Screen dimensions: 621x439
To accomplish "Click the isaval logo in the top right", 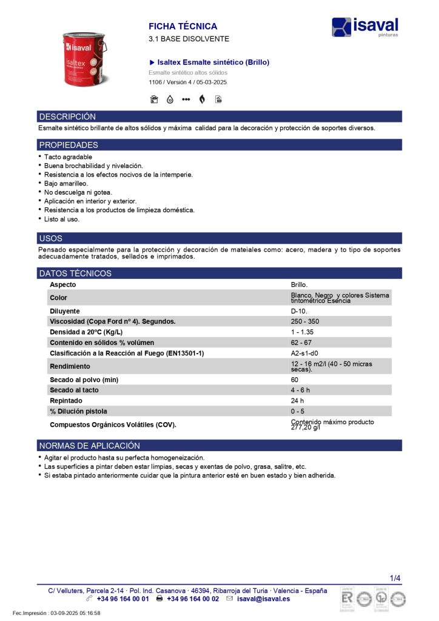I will click(365, 27).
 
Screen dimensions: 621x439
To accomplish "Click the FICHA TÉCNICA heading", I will click(183, 27).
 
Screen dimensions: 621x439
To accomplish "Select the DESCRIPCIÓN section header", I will click(67, 116).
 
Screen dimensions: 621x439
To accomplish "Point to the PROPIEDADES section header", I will click(69, 145).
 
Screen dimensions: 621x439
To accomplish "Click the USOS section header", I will click(51, 238).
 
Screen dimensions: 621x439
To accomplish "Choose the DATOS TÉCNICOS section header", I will click(75, 274).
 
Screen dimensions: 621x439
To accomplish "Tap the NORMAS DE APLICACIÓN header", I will click(89, 446).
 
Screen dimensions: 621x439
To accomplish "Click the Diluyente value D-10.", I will click(299, 311).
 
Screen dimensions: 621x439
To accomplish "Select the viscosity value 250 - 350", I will click(306, 321).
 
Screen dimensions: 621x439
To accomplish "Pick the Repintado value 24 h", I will click(297, 401).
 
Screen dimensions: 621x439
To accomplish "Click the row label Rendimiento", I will click(70, 366).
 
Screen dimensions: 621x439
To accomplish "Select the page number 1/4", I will click(395, 578).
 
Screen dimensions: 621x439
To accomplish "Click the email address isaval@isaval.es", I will click(263, 599).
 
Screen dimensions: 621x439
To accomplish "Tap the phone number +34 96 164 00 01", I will click(122, 599).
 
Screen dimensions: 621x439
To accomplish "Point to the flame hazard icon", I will click(202, 99).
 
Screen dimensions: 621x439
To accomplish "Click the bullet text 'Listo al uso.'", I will click(62, 219).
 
